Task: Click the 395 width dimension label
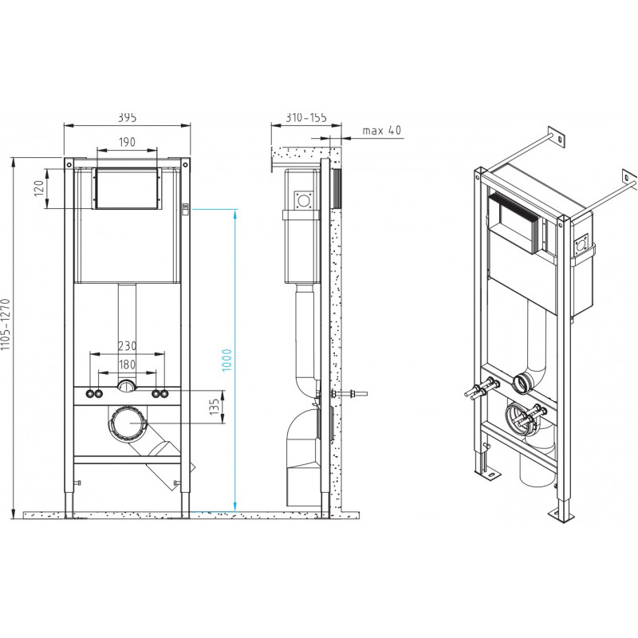[128, 117]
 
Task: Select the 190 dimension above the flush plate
[127, 142]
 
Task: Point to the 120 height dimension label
[38, 188]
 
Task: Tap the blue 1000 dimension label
[226, 360]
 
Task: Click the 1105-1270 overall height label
[5, 325]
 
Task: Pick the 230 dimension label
[128, 346]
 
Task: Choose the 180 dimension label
[128, 364]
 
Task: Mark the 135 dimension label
[215, 407]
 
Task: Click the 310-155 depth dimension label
[306, 117]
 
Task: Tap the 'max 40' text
[382, 130]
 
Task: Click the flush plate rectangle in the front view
[127, 188]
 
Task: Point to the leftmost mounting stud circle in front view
[89, 394]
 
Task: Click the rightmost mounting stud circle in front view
[165, 394]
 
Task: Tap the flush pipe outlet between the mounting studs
[127, 385]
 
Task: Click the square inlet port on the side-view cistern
[304, 201]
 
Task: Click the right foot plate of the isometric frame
[561, 515]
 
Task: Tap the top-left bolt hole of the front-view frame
[69, 165]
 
